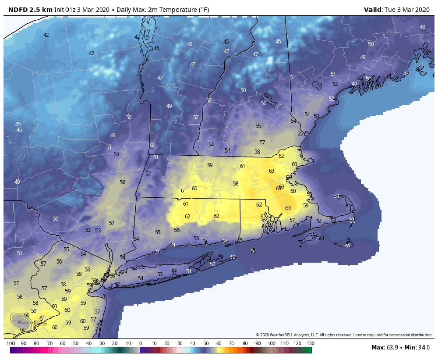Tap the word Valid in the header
pos(373,10)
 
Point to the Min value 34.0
pos(423,348)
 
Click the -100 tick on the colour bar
pos(10,343)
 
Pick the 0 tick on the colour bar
pos(140,343)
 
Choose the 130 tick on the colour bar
pos(310,343)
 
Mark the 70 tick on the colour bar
pos(232,343)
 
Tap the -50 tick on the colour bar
pos(75,343)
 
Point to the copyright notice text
pos(344,335)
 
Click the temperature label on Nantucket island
pos(347,246)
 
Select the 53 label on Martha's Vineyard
pos(313,237)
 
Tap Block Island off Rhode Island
pos(253,250)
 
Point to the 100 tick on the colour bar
pos(271,343)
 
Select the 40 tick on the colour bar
pos(193,343)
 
